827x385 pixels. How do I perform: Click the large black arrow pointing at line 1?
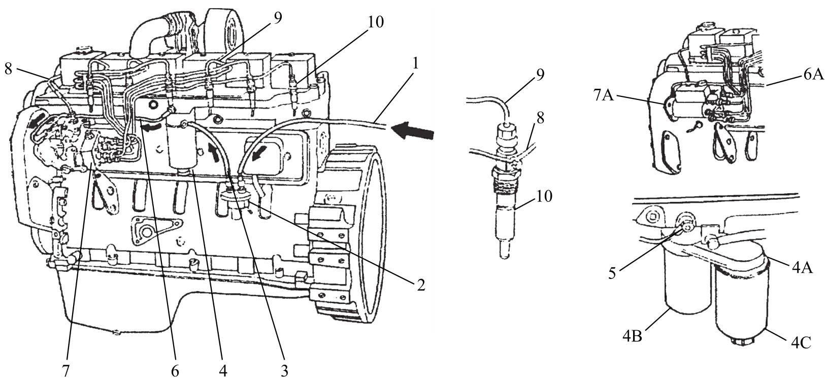(412, 131)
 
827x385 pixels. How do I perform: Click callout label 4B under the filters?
(633, 336)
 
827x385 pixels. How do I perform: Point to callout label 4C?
(801, 343)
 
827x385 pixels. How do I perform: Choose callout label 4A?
(802, 268)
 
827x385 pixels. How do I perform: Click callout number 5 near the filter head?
(612, 274)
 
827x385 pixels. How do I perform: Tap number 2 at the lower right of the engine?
(421, 285)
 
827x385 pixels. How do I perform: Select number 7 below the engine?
(65, 371)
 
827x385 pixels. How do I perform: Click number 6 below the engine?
(175, 371)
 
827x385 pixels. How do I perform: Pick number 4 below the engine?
(223, 371)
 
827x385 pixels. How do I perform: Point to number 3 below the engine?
(284, 371)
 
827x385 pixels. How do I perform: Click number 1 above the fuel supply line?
(416, 64)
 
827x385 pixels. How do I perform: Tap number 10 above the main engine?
(376, 22)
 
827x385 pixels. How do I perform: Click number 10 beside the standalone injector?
(543, 196)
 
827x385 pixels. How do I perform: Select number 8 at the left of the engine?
(8, 69)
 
